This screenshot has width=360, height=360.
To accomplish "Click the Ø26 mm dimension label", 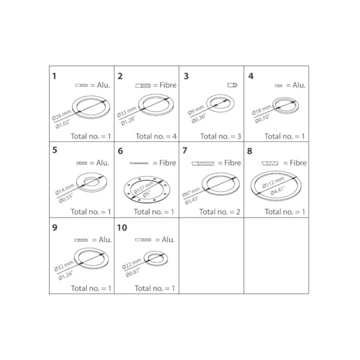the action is click(62, 115).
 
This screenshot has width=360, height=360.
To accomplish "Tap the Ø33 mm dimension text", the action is click(127, 112).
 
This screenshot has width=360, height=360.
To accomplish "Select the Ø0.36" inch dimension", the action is click(199, 118).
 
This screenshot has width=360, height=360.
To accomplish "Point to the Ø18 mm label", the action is click(261, 110).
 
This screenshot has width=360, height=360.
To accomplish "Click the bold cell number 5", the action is click(55, 150).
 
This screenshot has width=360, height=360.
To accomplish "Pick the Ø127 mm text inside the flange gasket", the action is click(143, 188).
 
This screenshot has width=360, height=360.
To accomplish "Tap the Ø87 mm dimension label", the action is click(191, 192).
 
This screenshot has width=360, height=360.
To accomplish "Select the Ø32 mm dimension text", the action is click(64, 266).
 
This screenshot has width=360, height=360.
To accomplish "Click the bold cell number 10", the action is click(122, 228).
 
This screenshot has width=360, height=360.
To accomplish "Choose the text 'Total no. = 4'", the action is click(156, 136).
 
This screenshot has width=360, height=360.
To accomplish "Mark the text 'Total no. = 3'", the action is click(221, 136).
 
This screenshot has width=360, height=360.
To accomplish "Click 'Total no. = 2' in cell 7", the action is click(220, 212).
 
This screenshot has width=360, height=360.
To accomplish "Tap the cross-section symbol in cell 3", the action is click(232, 85).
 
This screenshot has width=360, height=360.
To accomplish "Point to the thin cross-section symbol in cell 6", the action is click(139, 163).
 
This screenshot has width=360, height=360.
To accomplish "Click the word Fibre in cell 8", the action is click(298, 163).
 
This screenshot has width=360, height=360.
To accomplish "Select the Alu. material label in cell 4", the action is click(299, 85).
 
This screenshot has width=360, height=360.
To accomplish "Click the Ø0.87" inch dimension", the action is click(133, 272).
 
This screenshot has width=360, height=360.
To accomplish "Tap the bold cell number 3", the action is click(186, 76).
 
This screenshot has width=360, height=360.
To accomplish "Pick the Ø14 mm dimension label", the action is click(65, 189).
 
